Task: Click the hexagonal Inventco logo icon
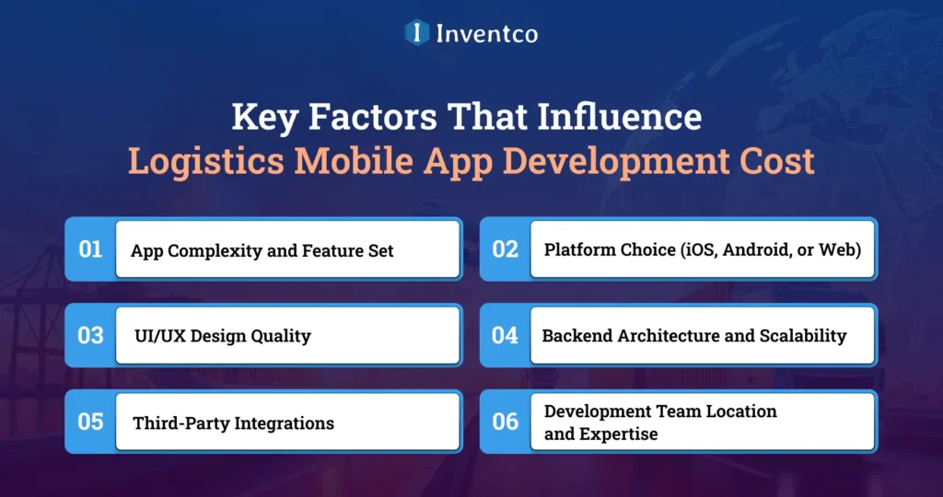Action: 417,33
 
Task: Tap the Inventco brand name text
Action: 488,34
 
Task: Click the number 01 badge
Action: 90,248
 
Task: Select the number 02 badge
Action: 505,248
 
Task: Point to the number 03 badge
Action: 90,335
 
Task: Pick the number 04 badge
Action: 505,335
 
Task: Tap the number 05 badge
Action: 90,422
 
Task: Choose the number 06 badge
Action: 505,422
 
